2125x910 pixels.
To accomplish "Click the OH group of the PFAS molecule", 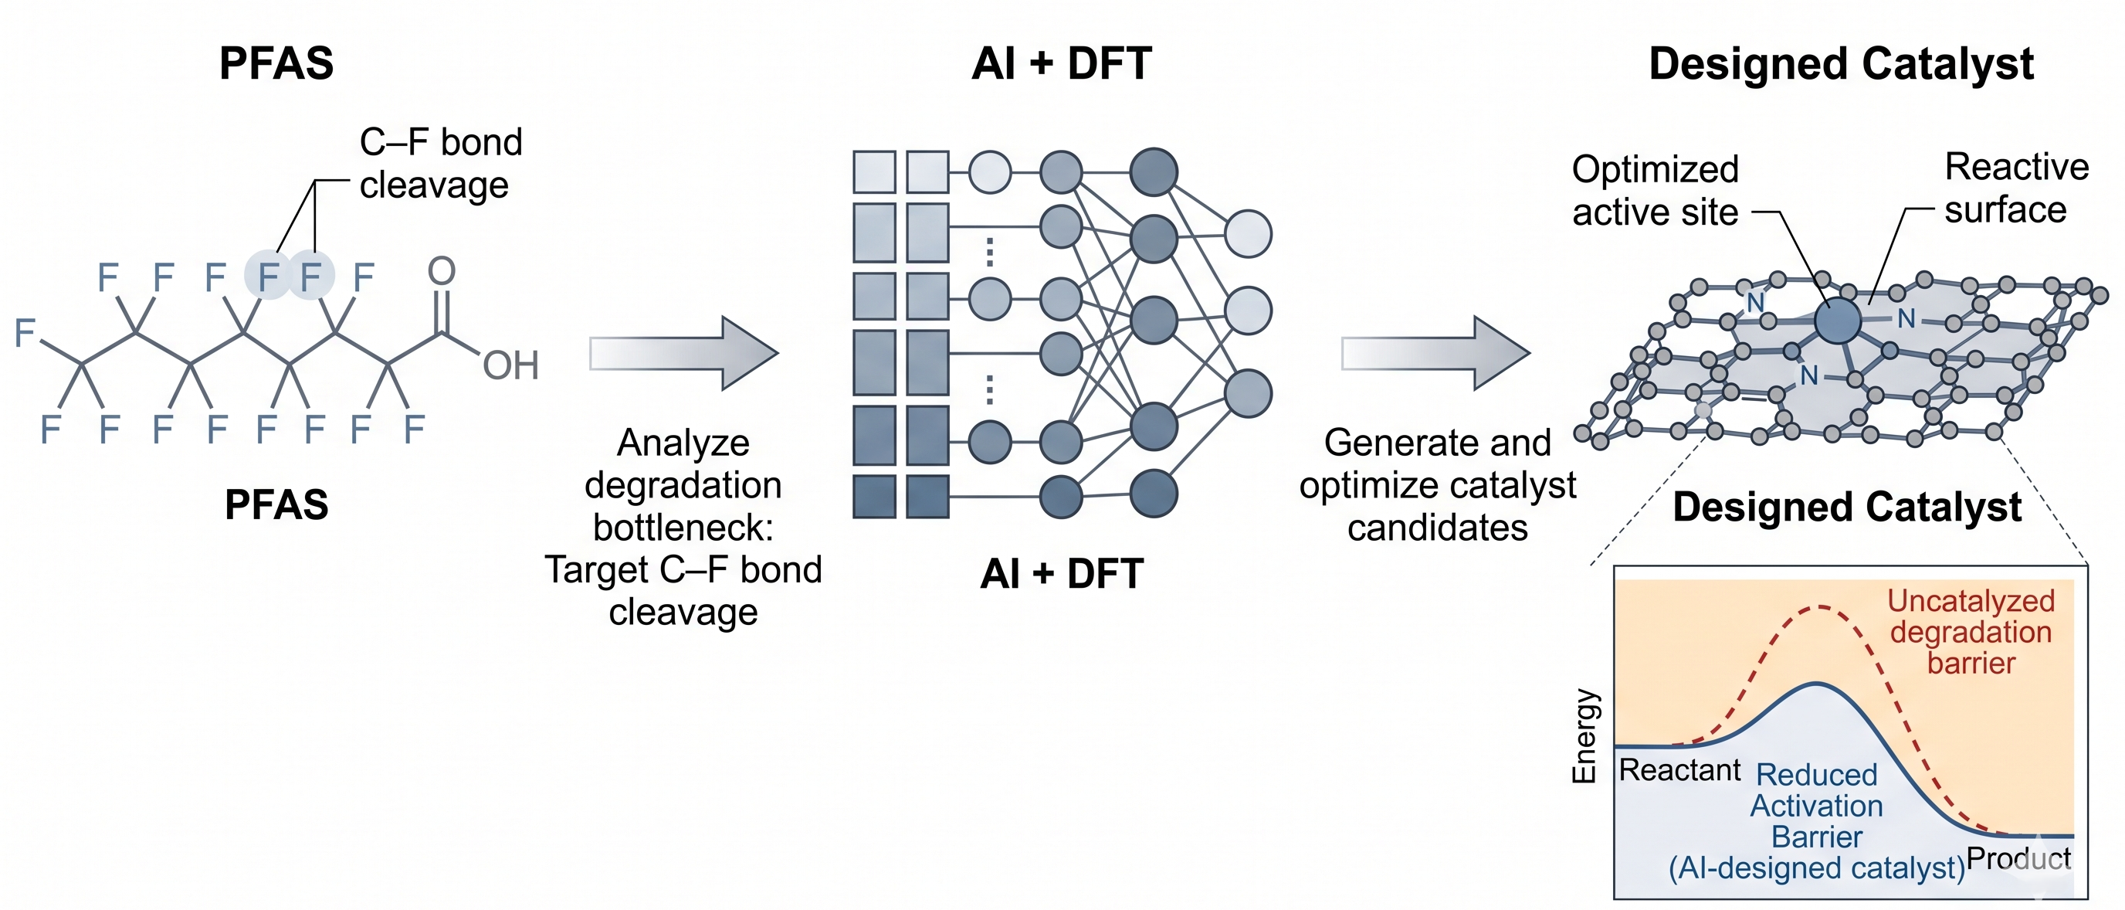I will pyautogui.click(x=510, y=365).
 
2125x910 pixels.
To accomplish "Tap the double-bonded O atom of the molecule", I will pyautogui.click(x=442, y=270).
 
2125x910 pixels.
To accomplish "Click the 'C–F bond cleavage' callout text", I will pyautogui.click(x=439, y=163).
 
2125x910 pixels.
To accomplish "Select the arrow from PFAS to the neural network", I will pyautogui.click(x=683, y=353).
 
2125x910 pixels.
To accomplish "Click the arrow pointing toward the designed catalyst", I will pyautogui.click(x=1435, y=353).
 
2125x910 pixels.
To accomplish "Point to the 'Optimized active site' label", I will pyautogui.click(x=1655, y=191).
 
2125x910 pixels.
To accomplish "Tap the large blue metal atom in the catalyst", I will pyautogui.click(x=1837, y=321).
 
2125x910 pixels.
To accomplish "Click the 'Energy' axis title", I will pyautogui.click(x=1584, y=735).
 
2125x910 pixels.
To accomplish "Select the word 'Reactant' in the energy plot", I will pyautogui.click(x=1679, y=769).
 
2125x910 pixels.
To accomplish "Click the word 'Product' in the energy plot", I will pyautogui.click(x=2018, y=859).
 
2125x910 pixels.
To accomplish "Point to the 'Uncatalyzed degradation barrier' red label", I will pyautogui.click(x=1971, y=632).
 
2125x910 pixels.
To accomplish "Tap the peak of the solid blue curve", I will pyautogui.click(x=1816, y=684).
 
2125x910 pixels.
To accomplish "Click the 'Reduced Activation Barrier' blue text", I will pyautogui.click(x=1816, y=806).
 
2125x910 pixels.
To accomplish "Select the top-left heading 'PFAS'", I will pyautogui.click(x=276, y=63).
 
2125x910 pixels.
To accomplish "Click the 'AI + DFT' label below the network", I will pyautogui.click(x=1062, y=573).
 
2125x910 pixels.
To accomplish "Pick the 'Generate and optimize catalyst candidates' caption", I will pyautogui.click(x=1437, y=485).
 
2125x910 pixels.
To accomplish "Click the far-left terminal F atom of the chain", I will pyautogui.click(x=25, y=332).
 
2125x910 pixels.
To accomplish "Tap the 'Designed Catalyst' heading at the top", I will pyautogui.click(x=1840, y=63).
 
